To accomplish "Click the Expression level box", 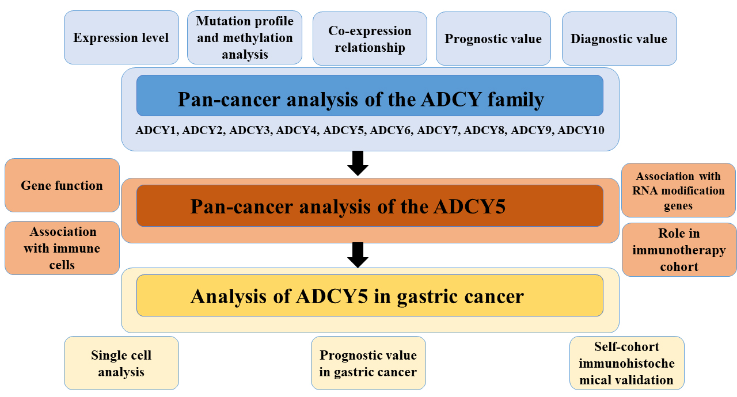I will (121, 38).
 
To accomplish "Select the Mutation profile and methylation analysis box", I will (244, 38).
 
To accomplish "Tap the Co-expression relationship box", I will (370, 39).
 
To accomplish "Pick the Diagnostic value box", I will (619, 39).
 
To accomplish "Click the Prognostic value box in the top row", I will (493, 39).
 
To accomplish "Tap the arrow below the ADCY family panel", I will (358, 163).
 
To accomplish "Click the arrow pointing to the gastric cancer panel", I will (358, 255).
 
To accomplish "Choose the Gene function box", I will (62, 185).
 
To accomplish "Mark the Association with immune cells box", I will (62, 249).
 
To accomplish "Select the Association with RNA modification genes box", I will (679, 190).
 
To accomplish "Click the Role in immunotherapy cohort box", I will (679, 250).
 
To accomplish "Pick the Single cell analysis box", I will (121, 364).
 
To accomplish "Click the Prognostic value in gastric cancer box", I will (368, 364).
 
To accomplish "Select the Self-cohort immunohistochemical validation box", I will (626, 363).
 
